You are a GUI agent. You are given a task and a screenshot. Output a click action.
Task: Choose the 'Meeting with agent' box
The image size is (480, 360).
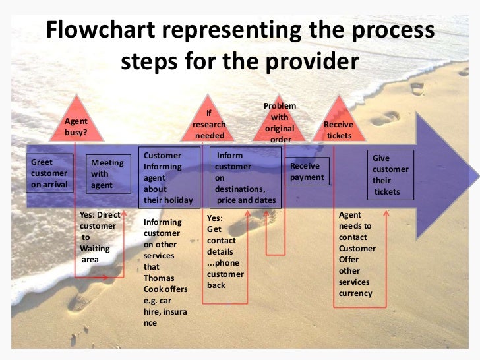(107, 174)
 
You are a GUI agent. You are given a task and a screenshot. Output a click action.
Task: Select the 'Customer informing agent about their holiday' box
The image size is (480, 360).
(167, 177)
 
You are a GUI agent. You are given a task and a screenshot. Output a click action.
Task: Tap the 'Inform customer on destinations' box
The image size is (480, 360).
(240, 178)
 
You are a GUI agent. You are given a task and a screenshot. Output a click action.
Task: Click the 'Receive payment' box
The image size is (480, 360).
(307, 171)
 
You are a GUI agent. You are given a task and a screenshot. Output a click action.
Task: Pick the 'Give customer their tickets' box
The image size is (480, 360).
(390, 175)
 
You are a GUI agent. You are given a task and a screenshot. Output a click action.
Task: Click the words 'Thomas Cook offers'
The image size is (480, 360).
(165, 284)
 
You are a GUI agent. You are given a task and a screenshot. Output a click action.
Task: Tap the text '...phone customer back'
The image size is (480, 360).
(225, 274)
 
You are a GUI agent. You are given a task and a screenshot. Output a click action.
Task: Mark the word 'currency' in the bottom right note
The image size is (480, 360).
(355, 293)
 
